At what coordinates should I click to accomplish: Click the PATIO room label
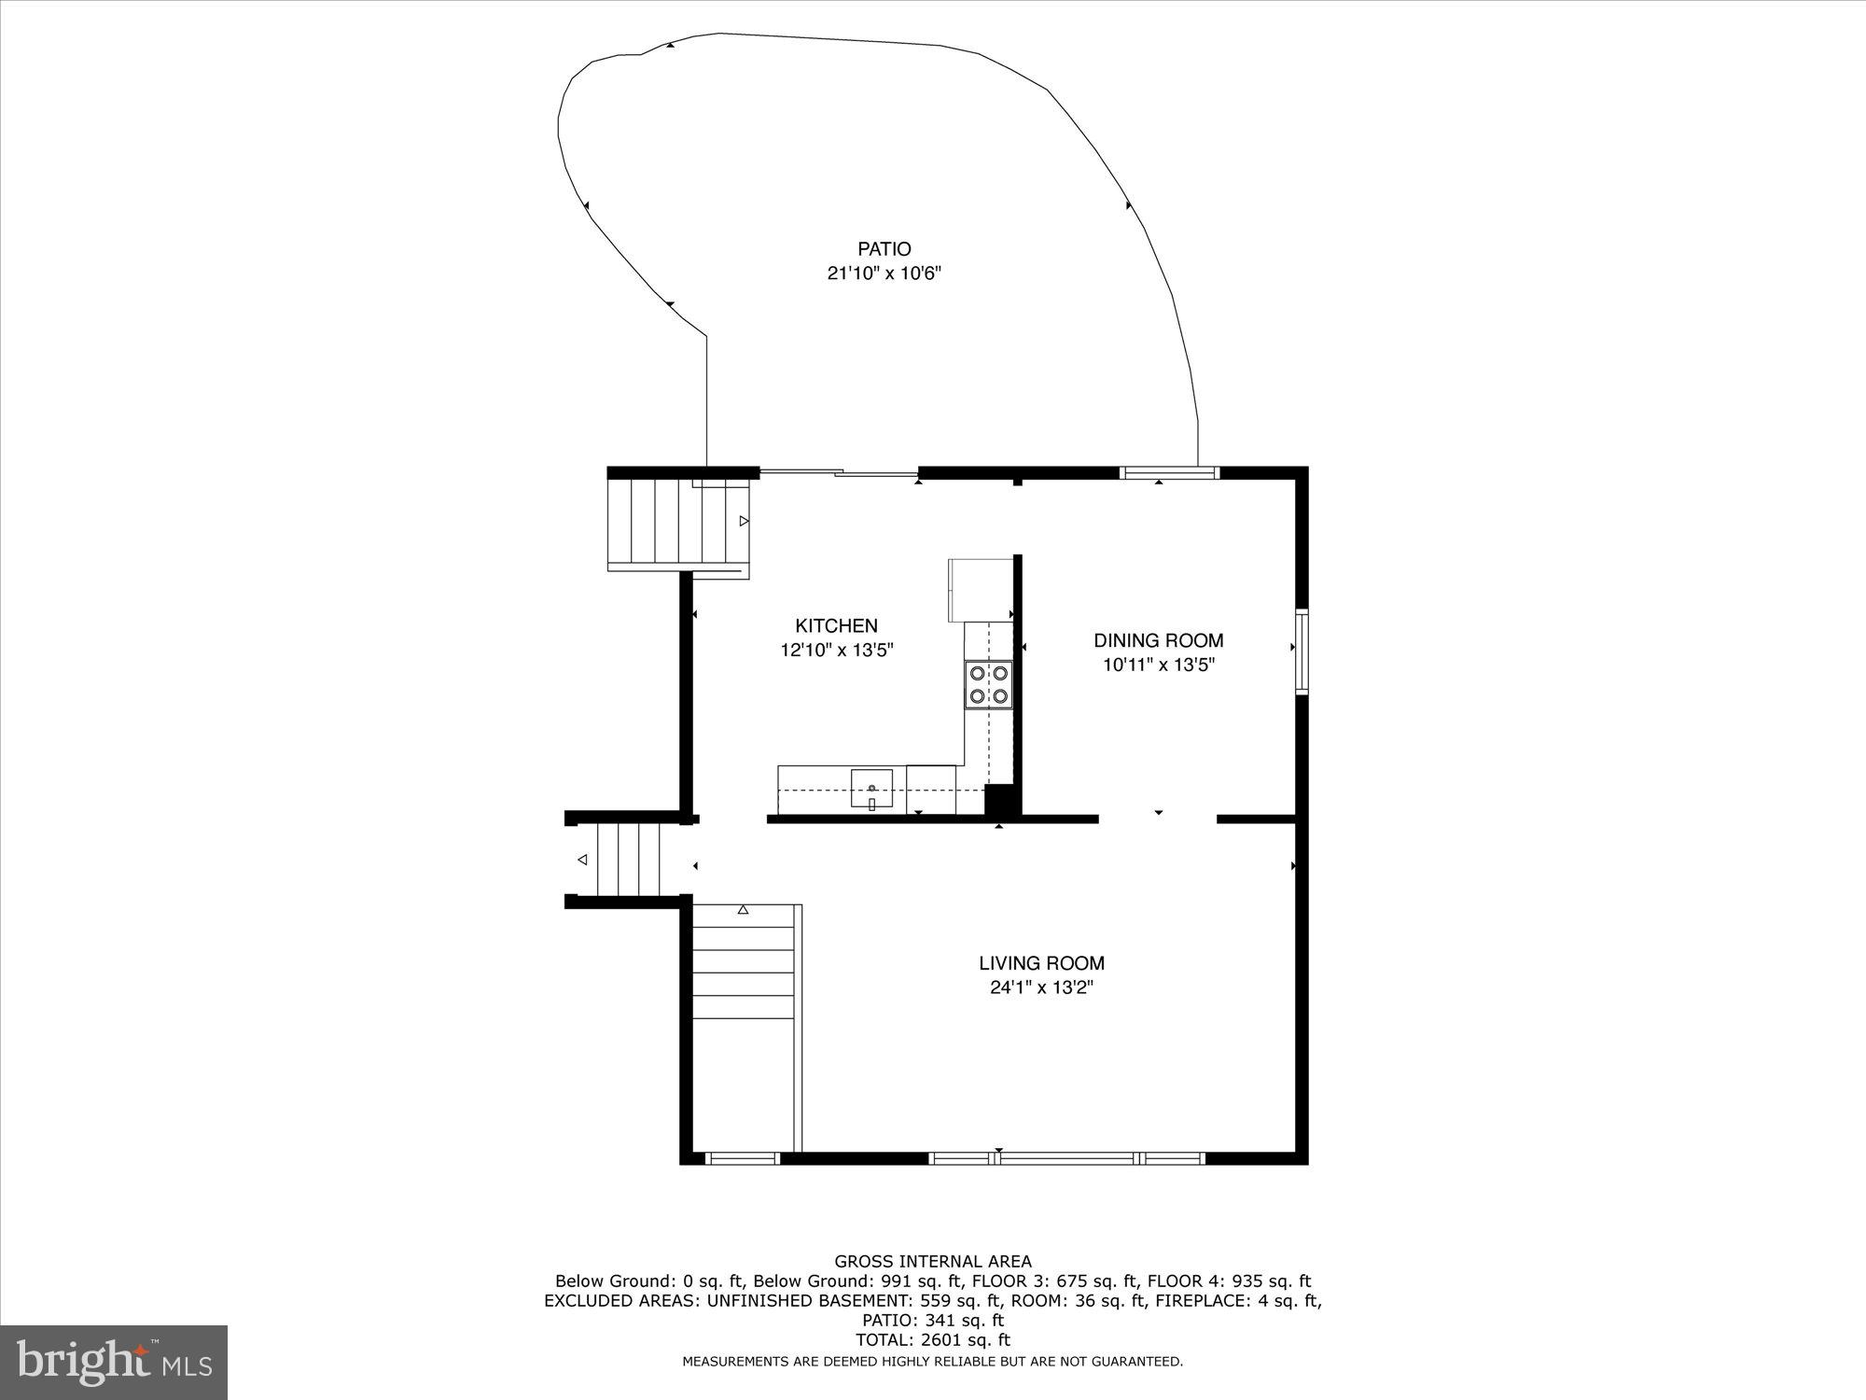(x=884, y=249)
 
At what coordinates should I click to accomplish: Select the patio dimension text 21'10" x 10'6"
(x=884, y=274)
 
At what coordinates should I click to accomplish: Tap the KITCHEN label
(x=836, y=626)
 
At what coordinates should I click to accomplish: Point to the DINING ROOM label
(x=1158, y=640)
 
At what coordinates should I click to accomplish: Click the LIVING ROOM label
(x=1041, y=963)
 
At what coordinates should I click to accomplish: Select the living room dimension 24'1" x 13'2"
(x=1041, y=987)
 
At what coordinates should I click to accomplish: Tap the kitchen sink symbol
(x=871, y=790)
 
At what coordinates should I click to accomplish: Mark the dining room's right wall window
(x=1302, y=651)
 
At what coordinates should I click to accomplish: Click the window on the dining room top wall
(x=1169, y=472)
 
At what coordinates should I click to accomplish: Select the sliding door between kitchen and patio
(x=838, y=473)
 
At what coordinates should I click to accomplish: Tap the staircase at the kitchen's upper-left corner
(x=677, y=523)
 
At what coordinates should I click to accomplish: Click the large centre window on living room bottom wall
(x=1067, y=1158)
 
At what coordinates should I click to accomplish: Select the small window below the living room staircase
(x=742, y=1158)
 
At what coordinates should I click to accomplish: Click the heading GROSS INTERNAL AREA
(x=933, y=1262)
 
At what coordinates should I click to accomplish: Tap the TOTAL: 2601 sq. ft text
(x=933, y=1340)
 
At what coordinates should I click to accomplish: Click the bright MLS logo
(x=114, y=1363)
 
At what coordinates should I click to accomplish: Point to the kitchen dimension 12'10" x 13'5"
(x=837, y=651)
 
